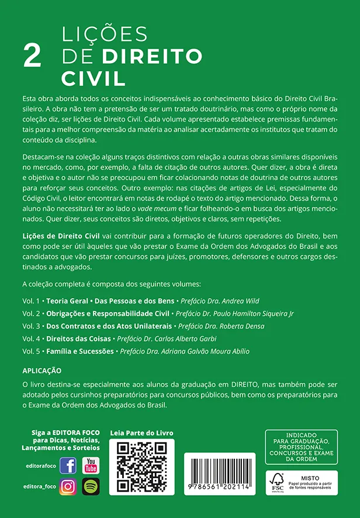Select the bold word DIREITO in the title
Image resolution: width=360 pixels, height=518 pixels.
pyautogui.click(x=152, y=56)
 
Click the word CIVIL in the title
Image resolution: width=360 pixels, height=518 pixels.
pyautogui.click(x=94, y=77)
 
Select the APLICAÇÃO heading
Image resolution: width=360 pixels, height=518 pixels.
pyautogui.click(x=41, y=371)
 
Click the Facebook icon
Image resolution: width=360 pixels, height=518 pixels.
pyautogui.click(x=68, y=466)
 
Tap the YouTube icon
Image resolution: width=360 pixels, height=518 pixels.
pyautogui.click(x=91, y=466)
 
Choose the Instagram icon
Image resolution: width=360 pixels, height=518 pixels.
pyautogui.click(x=68, y=486)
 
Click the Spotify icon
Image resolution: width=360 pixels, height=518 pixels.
pyautogui.click(x=91, y=486)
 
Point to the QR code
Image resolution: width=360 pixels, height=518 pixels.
pyautogui.click(x=142, y=467)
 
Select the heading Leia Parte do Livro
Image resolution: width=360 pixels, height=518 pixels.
pyautogui.click(x=142, y=433)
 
